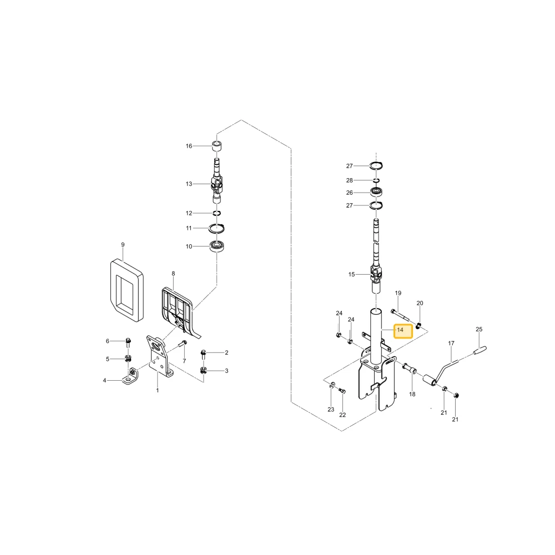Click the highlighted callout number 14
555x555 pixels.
pos(400,330)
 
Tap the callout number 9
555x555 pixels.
pos(123,245)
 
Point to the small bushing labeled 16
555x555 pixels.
pos(216,146)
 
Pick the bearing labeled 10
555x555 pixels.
pos(216,246)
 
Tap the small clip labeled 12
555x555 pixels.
pos(216,213)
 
